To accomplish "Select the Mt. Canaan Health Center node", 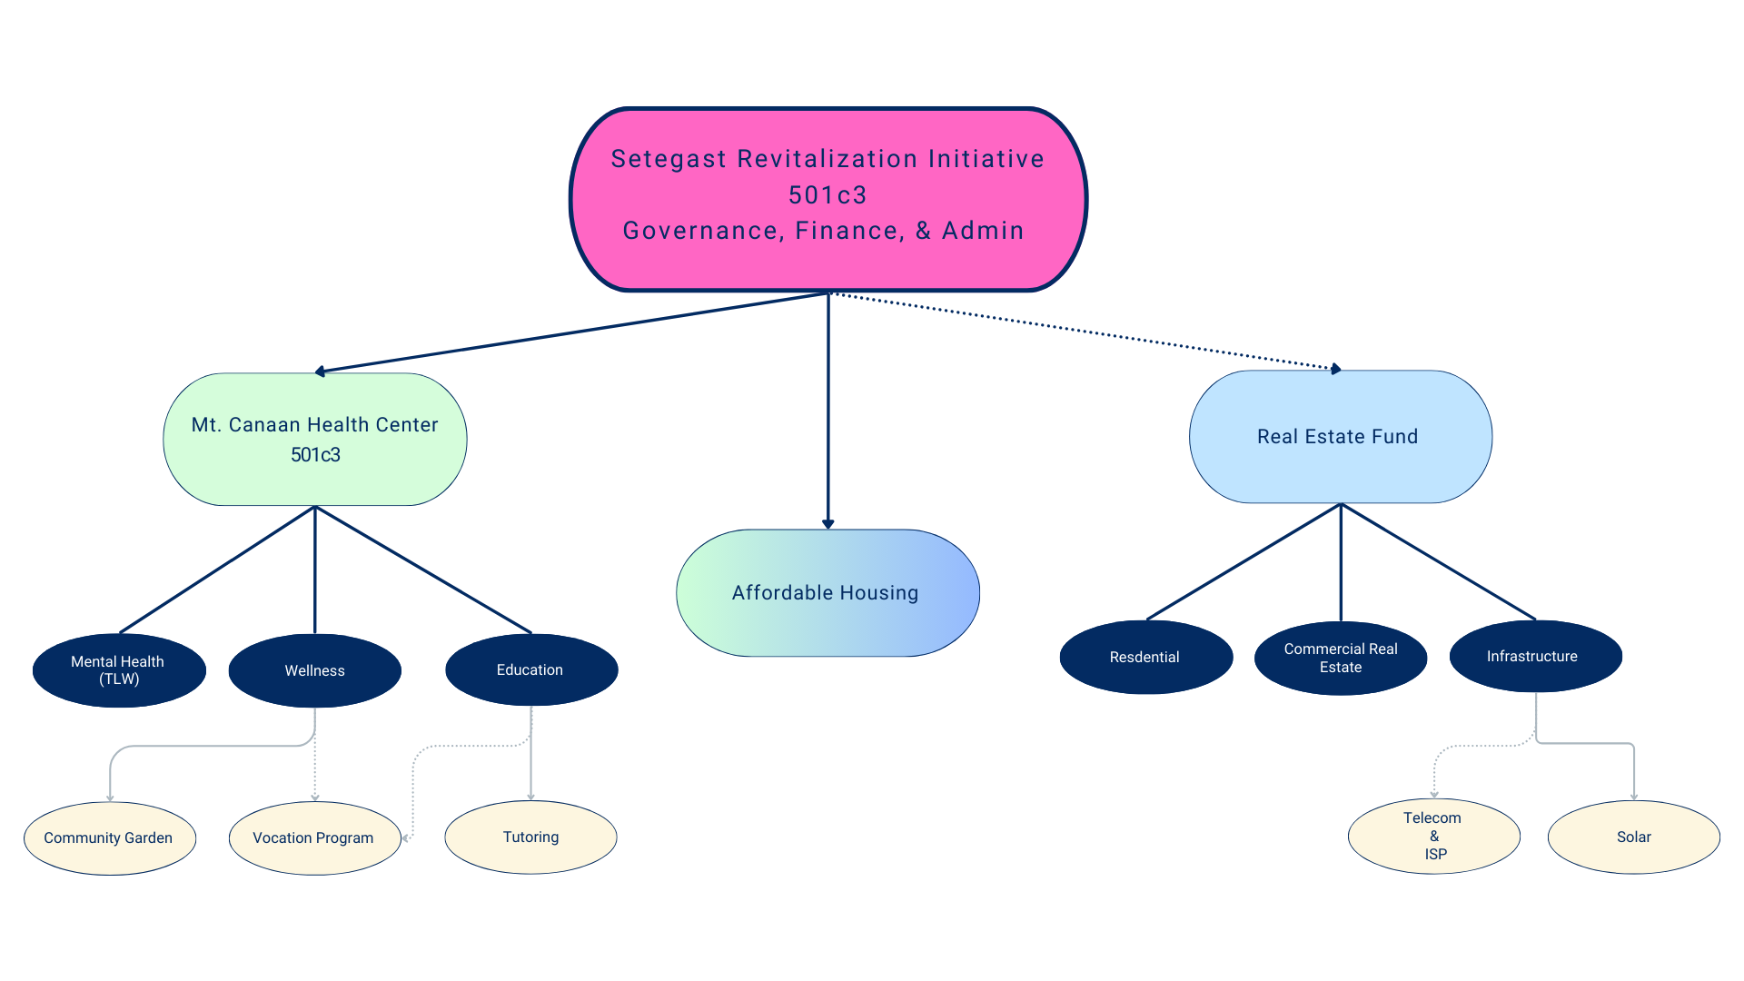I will tap(314, 440).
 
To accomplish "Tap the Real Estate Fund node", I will tap(1340, 437).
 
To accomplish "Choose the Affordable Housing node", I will tap(827, 593).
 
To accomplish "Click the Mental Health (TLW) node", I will tap(118, 670).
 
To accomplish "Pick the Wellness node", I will tap(314, 671).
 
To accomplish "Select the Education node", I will tap(530, 670).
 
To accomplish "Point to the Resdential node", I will tap(1144, 658).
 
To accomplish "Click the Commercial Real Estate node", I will tap(1340, 659).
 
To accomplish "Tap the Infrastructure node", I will tap(1531, 657).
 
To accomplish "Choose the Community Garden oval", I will tap(109, 838).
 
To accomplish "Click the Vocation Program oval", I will tap(313, 838).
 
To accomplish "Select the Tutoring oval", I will tap(530, 837).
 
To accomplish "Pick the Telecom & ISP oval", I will tap(1433, 837).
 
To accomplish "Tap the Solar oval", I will tap(1633, 837).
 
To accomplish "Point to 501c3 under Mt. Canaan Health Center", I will tap(315, 455).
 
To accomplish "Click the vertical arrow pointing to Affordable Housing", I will tap(828, 409).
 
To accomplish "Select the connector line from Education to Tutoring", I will tap(531, 754).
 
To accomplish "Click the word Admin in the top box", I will tap(983, 232).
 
